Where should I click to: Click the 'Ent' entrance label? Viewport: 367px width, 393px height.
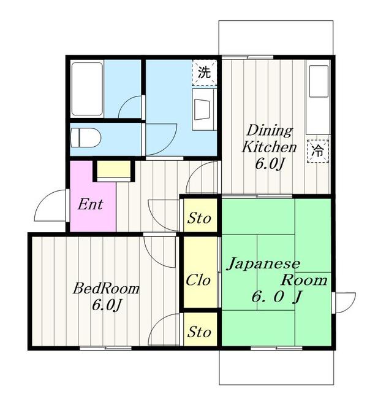[89, 204]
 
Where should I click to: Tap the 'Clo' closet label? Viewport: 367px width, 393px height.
[199, 280]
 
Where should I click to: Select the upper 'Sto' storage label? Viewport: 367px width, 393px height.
[199, 218]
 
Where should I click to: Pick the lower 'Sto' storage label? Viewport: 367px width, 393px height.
[199, 332]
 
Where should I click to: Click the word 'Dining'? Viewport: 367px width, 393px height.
[269, 131]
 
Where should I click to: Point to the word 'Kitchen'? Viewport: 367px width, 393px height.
[270, 147]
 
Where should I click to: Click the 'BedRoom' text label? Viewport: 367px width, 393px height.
[107, 288]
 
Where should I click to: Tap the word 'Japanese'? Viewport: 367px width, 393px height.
[263, 264]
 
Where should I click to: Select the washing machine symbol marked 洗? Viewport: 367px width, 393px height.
[205, 71]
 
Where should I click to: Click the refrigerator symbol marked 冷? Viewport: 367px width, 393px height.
[319, 149]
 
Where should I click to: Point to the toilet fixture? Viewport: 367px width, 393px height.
[86, 136]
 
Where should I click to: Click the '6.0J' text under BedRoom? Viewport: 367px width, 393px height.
[105, 305]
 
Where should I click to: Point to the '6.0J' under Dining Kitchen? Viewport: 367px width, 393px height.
[268, 164]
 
